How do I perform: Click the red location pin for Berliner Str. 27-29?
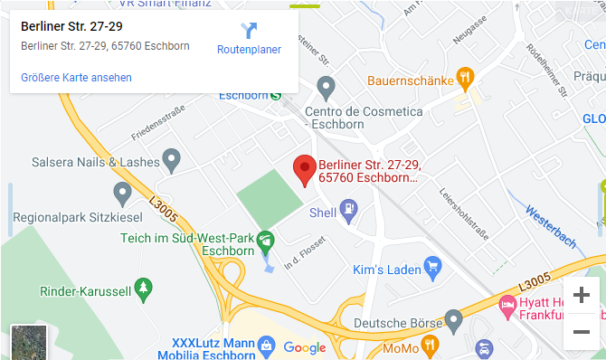tap(305, 168)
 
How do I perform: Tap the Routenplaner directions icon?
tap(249, 31)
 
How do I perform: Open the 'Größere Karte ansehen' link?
tap(76, 78)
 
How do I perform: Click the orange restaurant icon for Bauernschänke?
tap(465, 79)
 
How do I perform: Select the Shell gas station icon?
tap(348, 213)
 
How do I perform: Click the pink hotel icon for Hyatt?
tap(508, 306)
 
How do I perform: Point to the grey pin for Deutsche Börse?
tap(453, 319)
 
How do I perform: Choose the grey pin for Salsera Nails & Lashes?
tap(171, 160)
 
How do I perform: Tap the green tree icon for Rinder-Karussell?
tap(143, 289)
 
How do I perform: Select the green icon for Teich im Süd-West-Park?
tap(265, 241)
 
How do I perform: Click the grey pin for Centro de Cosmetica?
tap(327, 87)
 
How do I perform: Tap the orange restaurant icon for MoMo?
tap(431, 345)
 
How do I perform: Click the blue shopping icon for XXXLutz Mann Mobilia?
tap(265, 345)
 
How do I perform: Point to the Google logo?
tap(304, 347)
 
